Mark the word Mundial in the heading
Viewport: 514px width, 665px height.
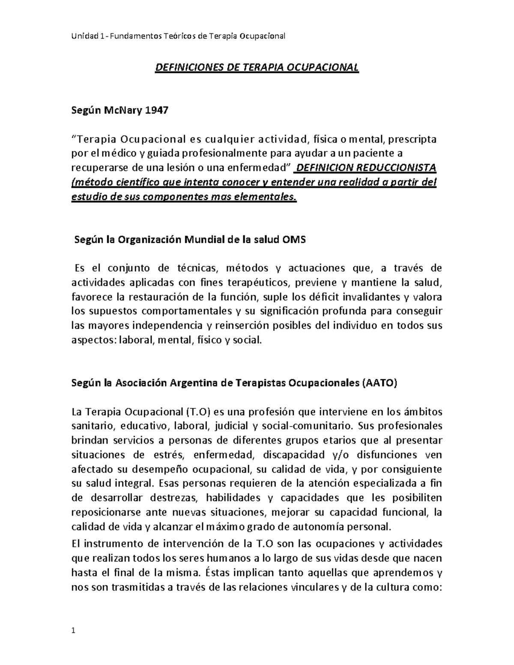(x=205, y=240)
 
